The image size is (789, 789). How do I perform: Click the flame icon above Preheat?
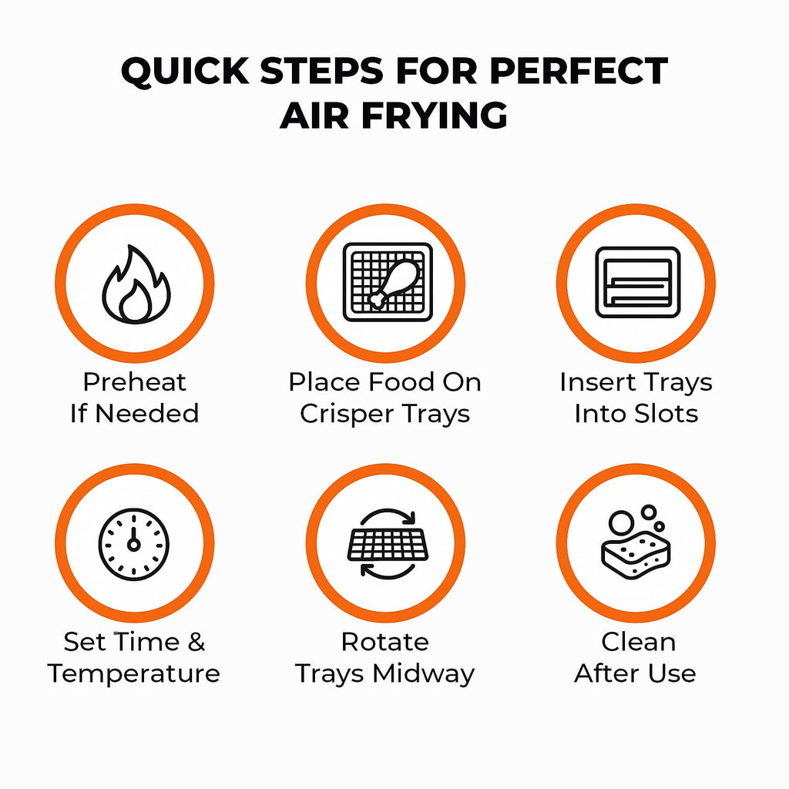tap(136, 285)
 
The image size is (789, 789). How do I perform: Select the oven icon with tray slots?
tap(637, 282)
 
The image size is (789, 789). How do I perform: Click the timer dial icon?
tap(134, 544)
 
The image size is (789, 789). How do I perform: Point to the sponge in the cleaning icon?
tap(636, 553)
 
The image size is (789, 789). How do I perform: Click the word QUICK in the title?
tap(185, 71)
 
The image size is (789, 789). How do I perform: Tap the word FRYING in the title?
tap(435, 116)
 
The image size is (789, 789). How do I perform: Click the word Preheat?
tap(134, 382)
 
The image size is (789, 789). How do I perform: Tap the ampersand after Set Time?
tap(196, 642)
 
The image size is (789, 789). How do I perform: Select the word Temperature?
tap(134, 673)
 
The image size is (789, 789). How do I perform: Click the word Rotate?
tap(385, 642)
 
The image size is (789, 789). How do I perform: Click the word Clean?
tap(639, 642)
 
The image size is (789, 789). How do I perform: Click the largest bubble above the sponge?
tap(622, 523)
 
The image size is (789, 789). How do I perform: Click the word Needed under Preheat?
tap(147, 414)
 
